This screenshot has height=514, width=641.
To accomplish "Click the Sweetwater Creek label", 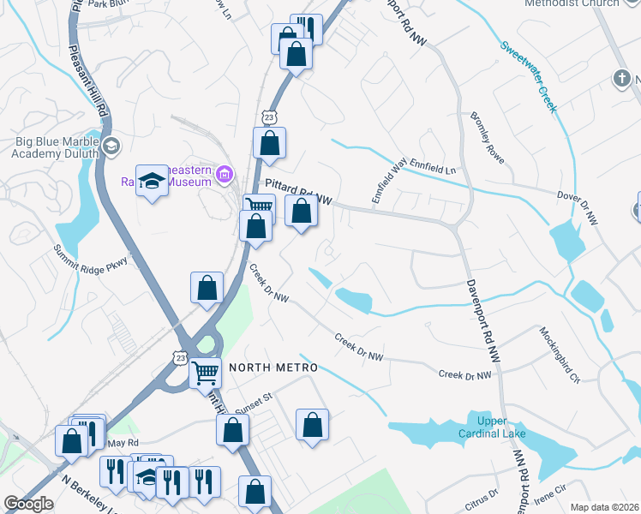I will pos(529,76).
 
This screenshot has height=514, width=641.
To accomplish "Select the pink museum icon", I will pos(225,176).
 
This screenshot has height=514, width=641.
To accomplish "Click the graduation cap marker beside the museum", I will pos(153,181).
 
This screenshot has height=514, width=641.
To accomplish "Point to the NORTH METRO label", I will pos(273,368).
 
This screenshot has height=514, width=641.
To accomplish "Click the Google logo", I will pos(28,504).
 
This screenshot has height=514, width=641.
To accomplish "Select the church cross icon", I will pos(621,80).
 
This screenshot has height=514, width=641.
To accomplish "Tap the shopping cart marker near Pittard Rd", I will pos(259,206).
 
